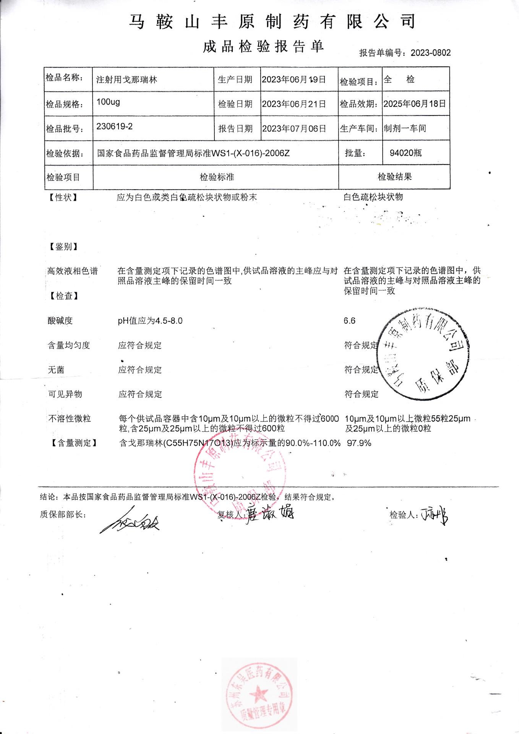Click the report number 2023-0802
[x=431, y=53]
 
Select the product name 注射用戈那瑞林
[x=127, y=80]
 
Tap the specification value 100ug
[x=108, y=102]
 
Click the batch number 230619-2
[x=114, y=127]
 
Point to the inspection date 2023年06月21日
[x=294, y=104]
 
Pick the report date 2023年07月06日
[x=294, y=128]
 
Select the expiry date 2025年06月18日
[x=415, y=104]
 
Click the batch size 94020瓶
[x=405, y=153]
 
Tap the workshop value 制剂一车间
[x=405, y=128]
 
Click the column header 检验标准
[x=217, y=177]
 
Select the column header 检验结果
[x=395, y=177]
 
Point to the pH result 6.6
[x=349, y=321]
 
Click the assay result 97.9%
[x=359, y=443]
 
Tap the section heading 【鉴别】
[x=63, y=247]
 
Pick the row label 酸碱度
[x=60, y=321]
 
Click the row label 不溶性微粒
[x=69, y=419]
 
